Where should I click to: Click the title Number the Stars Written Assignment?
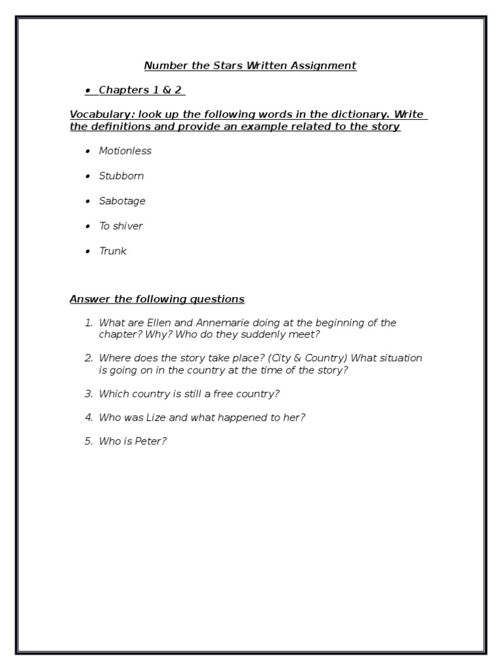(x=250, y=65)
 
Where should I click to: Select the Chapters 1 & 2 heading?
(x=140, y=90)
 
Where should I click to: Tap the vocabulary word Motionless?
(x=125, y=151)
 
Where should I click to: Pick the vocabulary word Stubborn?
(x=121, y=176)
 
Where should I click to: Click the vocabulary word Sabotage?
(x=122, y=201)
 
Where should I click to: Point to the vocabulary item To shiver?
(x=121, y=226)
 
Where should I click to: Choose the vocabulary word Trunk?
(x=112, y=251)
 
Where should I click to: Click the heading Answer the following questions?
(x=157, y=300)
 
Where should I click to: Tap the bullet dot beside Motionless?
(x=88, y=151)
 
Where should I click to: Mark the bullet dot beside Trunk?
(x=88, y=251)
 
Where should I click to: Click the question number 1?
(x=88, y=323)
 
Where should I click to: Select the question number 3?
(x=88, y=394)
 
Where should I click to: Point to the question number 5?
(x=88, y=441)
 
